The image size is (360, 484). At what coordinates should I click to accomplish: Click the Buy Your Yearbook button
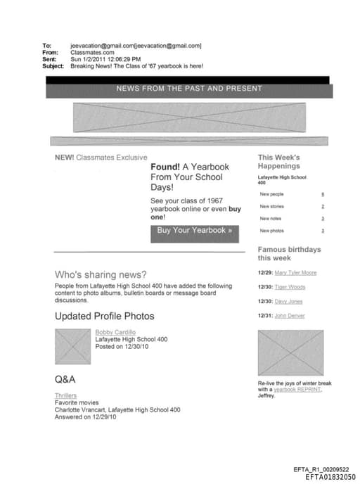194,231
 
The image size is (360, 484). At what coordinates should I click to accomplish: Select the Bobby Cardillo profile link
115,331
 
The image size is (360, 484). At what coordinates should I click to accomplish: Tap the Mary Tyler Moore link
295,272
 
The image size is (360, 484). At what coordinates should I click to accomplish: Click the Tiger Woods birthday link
290,287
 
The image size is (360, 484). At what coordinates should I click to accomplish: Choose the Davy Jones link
288,301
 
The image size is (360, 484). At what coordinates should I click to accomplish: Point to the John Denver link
290,316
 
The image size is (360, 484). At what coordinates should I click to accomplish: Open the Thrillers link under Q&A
65,395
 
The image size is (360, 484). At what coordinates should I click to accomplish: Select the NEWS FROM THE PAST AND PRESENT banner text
189,89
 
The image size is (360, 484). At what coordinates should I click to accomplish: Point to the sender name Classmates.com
92,52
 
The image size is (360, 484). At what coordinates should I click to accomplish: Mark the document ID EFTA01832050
330,477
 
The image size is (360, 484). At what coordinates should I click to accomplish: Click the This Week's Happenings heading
279,162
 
